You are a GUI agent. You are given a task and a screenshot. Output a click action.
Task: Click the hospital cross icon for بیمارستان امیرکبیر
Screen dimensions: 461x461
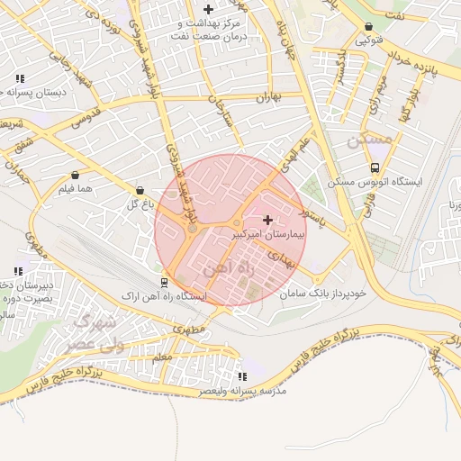[x=267, y=220]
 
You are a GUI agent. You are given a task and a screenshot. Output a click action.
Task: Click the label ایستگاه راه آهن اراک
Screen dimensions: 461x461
[x=169, y=295]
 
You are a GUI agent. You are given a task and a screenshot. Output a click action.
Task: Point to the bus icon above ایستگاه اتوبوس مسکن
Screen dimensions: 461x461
[x=375, y=167]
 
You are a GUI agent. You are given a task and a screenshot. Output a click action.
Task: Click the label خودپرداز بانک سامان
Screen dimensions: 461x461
[x=322, y=294]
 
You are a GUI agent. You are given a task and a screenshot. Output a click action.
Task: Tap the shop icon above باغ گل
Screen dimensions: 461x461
[x=140, y=191]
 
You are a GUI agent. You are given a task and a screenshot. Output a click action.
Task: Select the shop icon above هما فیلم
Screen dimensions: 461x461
[x=75, y=176]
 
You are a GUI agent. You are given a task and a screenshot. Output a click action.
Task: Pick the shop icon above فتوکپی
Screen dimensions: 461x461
[x=369, y=27]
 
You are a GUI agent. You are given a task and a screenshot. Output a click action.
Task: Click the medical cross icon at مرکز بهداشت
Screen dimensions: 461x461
[x=208, y=9]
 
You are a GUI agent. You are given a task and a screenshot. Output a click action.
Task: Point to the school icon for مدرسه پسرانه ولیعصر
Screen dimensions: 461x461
[x=241, y=376]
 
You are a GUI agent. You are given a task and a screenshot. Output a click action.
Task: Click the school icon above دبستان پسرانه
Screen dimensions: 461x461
[x=20, y=77]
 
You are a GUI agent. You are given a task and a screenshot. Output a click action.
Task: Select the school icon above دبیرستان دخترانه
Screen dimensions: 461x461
[x=18, y=271]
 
